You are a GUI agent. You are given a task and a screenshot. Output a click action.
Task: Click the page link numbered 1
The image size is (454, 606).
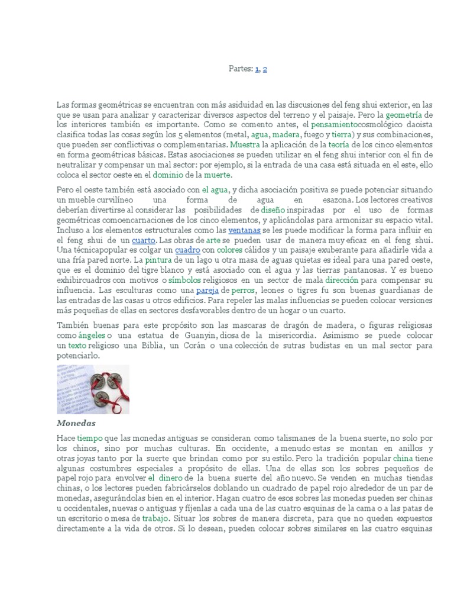tap(258, 69)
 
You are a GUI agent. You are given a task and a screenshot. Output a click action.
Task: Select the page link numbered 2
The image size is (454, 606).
tap(265, 69)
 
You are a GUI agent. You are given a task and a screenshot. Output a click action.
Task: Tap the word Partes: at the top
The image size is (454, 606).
tap(241, 69)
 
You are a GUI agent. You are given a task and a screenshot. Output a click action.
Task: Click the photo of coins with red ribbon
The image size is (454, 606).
tap(93, 389)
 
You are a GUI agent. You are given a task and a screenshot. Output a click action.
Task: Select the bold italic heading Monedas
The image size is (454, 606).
tap(76, 424)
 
